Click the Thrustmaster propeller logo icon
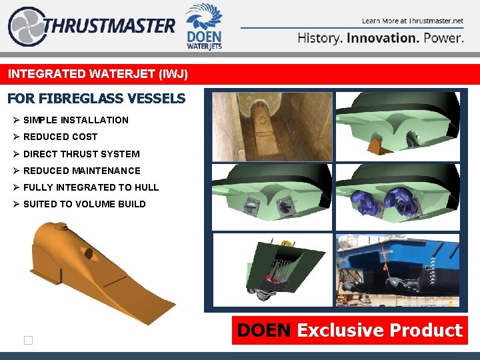25,27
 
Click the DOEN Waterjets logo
204,27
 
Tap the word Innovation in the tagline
383,38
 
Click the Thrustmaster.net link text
432,21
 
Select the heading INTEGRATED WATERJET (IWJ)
98,74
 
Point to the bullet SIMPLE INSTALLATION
76,120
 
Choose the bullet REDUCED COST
60,137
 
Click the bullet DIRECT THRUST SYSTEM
81,153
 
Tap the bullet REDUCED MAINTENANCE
82,171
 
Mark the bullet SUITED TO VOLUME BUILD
84,204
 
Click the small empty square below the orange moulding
28,341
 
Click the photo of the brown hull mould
272,125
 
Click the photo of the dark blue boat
397,269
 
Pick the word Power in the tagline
443,38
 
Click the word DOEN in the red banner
265,331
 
